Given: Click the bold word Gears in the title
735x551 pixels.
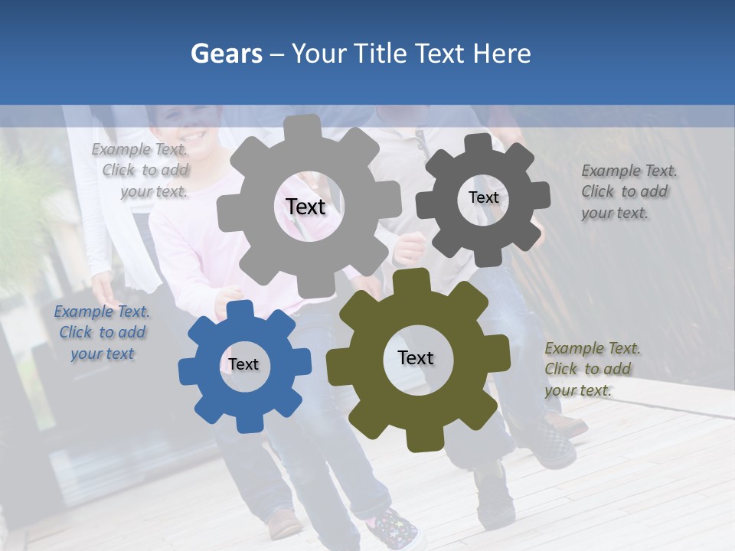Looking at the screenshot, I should pos(227,54).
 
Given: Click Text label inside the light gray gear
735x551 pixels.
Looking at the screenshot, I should pos(305,207).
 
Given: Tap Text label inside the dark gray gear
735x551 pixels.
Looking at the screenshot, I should pos(483,197).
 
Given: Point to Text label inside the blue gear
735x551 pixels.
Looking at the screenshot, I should pos(243,364).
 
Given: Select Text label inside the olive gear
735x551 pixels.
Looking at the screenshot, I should pos(416,357).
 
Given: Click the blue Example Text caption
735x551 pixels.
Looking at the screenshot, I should pos(102,333).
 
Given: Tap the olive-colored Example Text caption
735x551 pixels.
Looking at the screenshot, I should pos(592,369).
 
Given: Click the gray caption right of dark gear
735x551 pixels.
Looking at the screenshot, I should pos(628,191).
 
